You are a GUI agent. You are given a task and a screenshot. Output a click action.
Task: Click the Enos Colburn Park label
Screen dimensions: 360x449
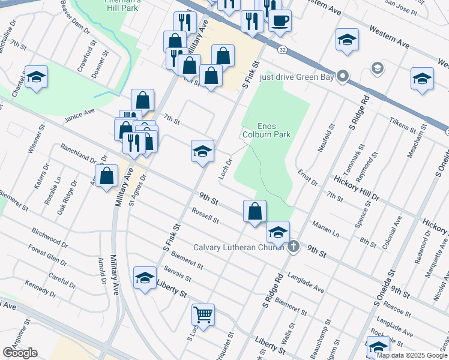tap(274, 130)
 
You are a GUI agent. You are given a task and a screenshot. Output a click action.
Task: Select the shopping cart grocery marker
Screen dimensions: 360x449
tap(203, 314)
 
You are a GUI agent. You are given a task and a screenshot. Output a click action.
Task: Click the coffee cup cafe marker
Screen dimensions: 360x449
tap(280, 21)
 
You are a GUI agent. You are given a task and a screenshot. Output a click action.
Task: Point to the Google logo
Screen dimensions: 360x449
tap(20, 352)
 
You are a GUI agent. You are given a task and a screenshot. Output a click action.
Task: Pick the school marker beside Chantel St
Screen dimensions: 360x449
tap(37, 77)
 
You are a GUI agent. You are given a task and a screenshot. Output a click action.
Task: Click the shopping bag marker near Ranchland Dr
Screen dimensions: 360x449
tap(106, 176)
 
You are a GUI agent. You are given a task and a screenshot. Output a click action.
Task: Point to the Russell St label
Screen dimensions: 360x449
tap(205, 215)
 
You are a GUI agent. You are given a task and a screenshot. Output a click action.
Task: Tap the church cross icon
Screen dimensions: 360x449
tap(293, 247)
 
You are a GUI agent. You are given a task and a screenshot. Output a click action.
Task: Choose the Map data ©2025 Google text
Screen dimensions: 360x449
tap(411, 355)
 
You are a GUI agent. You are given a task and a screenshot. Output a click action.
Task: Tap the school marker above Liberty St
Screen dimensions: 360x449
tap(145, 278)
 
